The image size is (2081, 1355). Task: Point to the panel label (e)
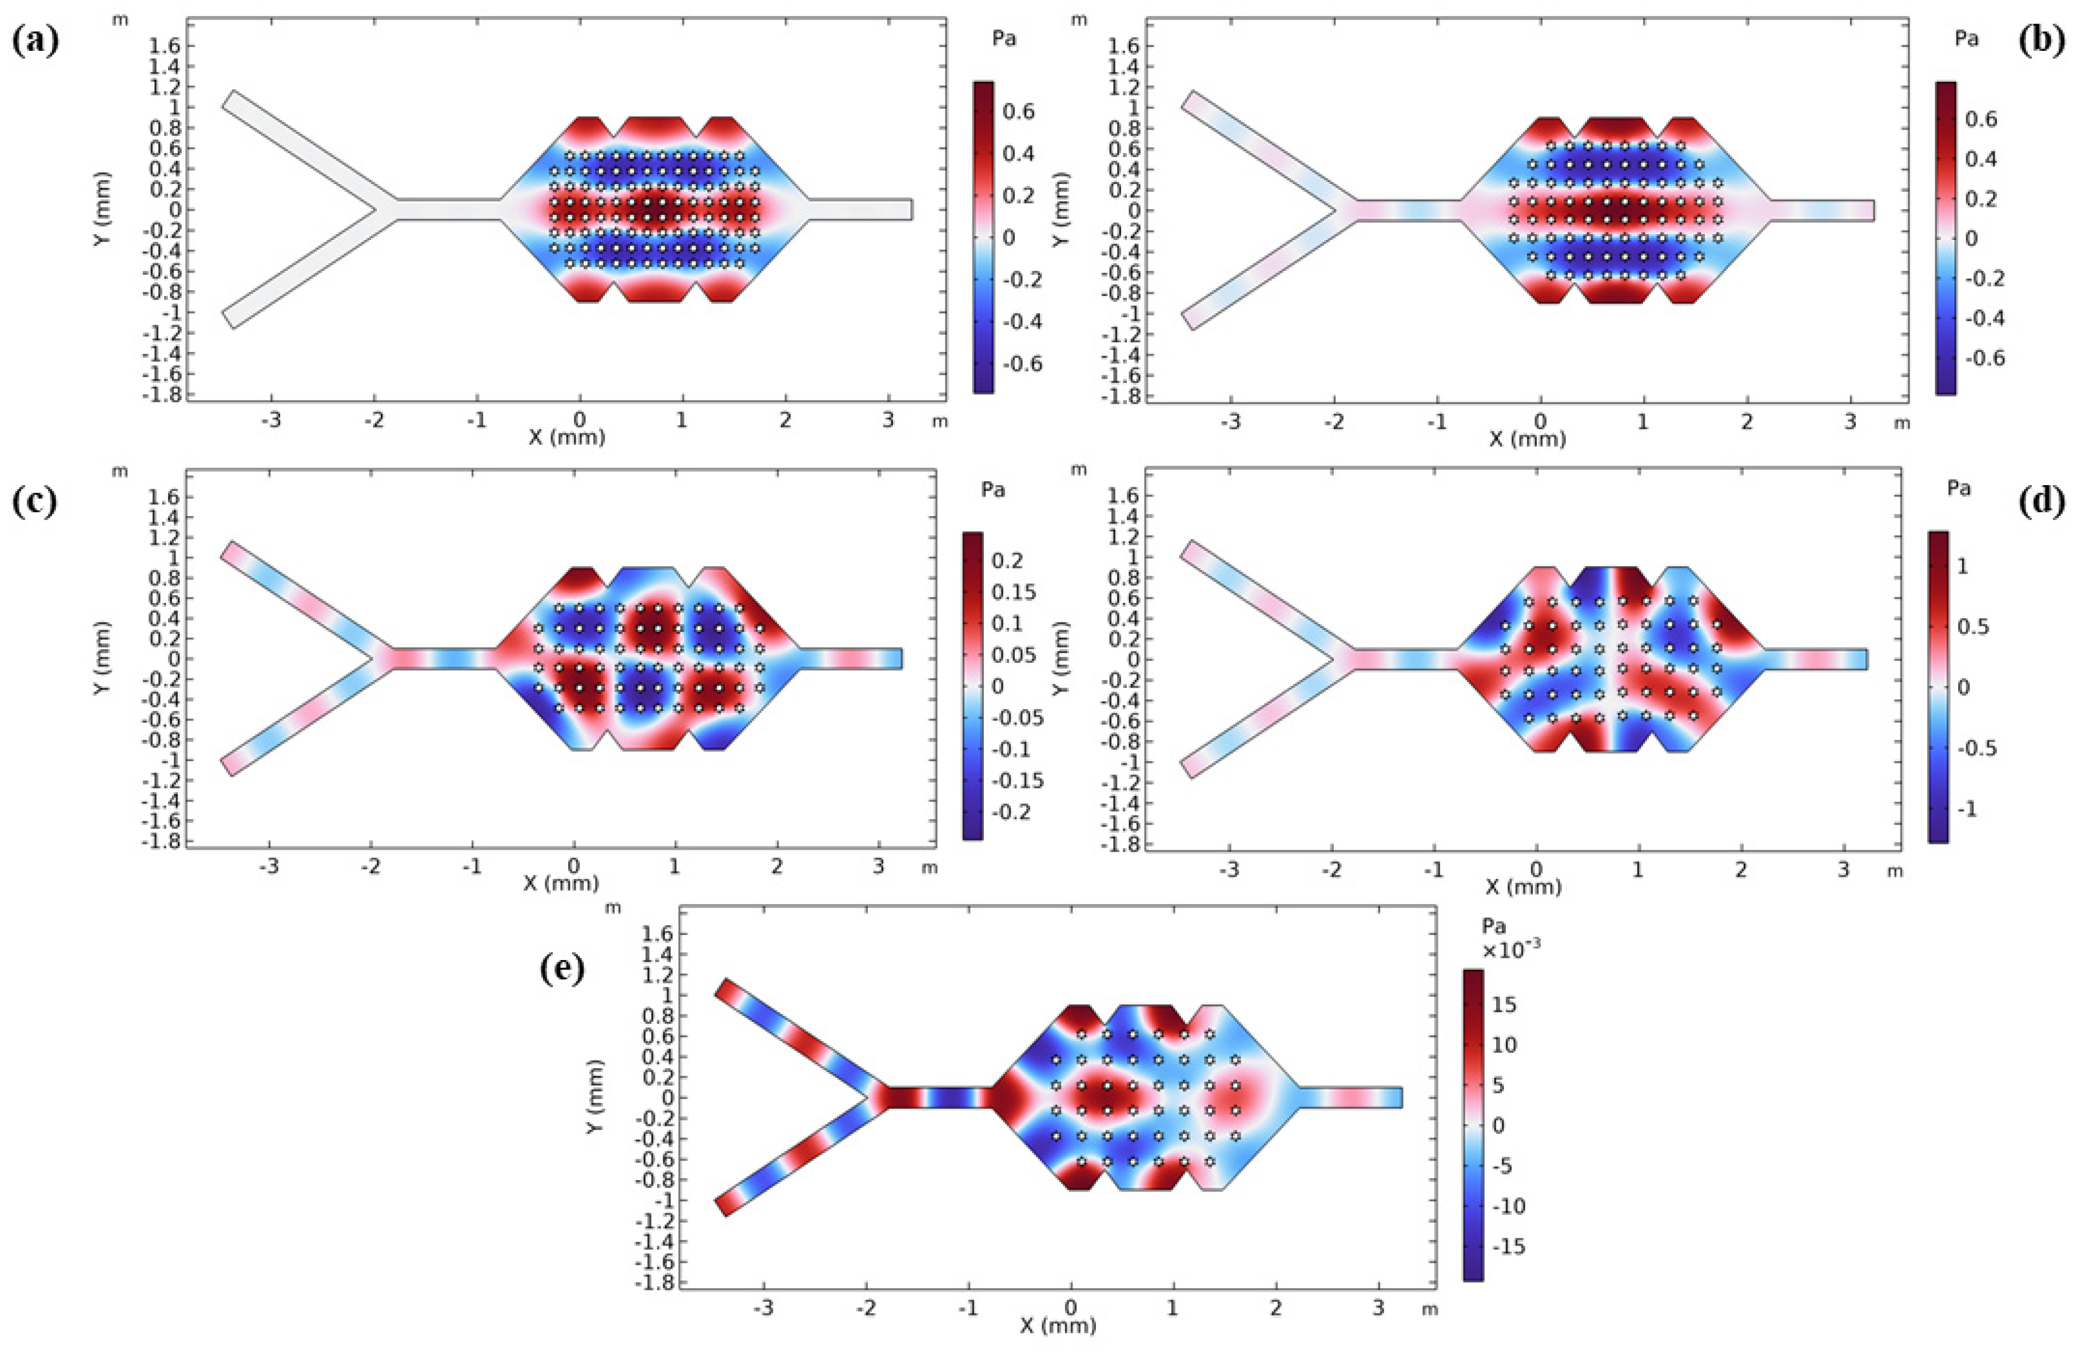(x=562, y=969)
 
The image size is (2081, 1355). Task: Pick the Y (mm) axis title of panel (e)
(x=595, y=1097)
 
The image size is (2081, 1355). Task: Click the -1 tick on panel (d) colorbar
(x=1967, y=809)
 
